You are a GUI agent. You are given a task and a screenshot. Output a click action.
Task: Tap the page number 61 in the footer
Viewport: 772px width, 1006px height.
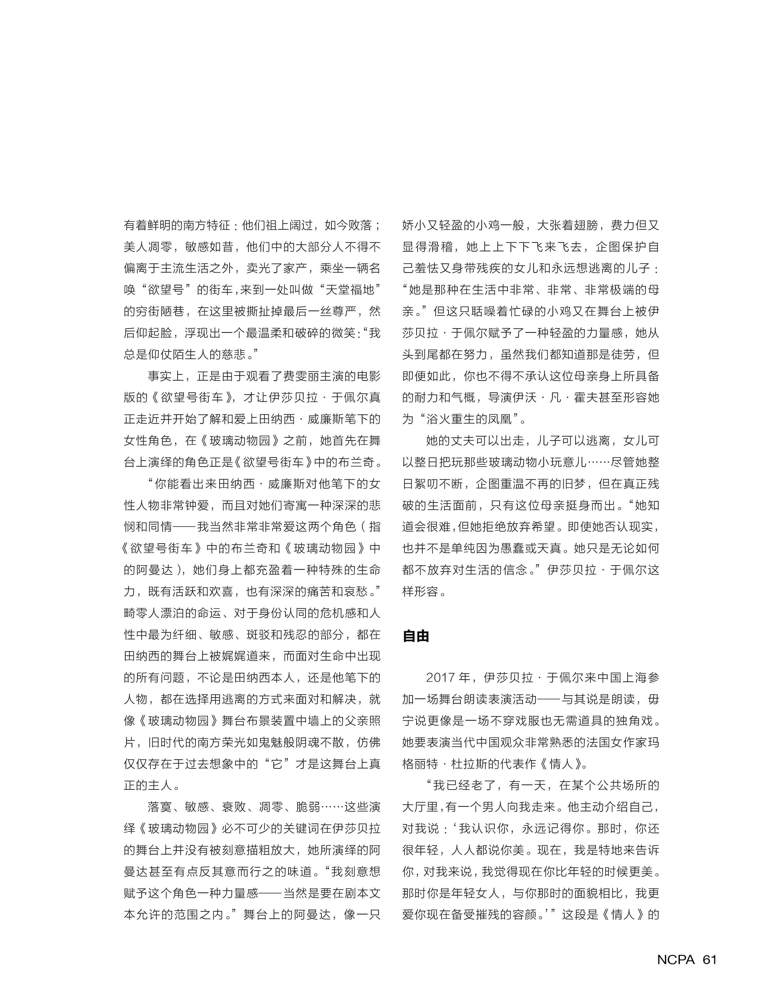[x=709, y=959]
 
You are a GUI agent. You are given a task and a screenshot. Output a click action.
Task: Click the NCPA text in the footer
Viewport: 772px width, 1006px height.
[x=676, y=959]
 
